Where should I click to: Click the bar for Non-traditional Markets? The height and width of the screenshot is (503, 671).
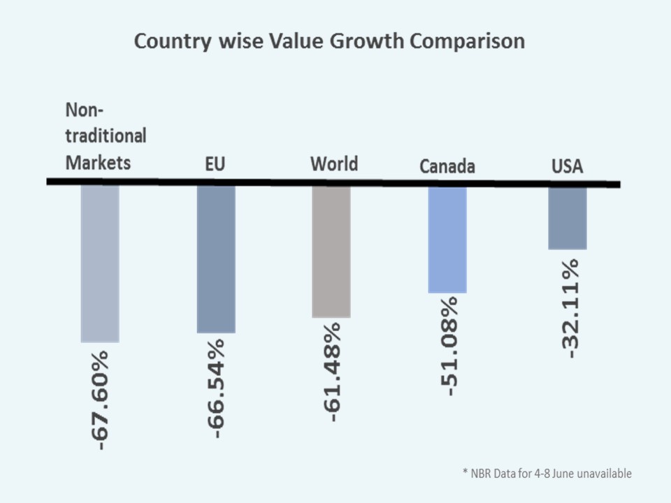(100, 263)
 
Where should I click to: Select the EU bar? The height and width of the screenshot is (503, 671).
(216, 259)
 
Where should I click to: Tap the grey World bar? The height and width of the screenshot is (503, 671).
(331, 251)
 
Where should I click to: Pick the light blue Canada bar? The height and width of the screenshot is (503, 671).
(447, 239)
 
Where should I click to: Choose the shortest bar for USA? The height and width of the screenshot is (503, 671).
(567, 217)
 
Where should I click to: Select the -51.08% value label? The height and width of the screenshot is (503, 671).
(449, 346)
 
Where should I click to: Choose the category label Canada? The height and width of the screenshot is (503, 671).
(447, 166)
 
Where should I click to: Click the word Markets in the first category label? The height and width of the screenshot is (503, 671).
(98, 163)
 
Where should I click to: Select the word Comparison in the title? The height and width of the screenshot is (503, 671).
(467, 41)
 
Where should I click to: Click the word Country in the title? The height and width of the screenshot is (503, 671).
(171, 41)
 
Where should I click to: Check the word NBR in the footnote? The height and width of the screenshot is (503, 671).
(482, 474)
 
